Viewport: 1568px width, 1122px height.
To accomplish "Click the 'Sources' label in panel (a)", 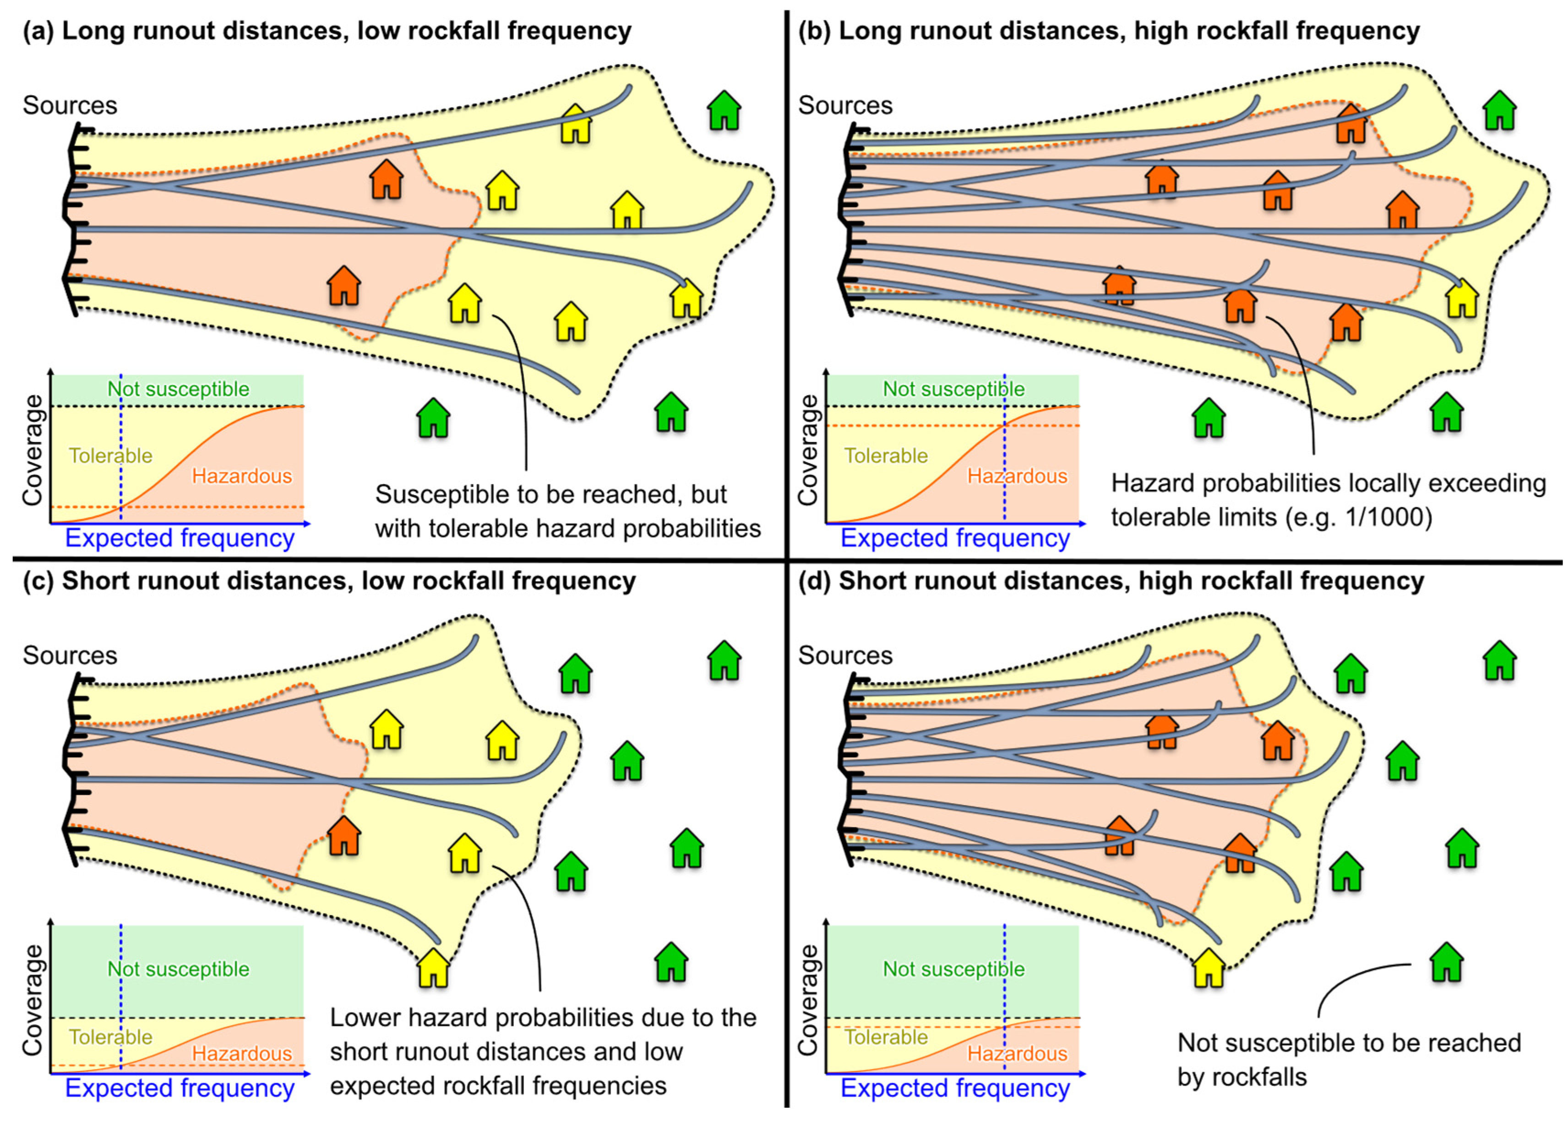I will click(x=70, y=106).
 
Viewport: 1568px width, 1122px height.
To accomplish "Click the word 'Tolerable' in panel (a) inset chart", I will click(x=110, y=456).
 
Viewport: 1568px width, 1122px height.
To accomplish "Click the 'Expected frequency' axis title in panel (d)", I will click(x=955, y=1088).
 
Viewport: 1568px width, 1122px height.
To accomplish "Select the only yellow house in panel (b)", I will click(x=1462, y=299).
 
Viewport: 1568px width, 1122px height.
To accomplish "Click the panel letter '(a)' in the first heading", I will click(x=38, y=32).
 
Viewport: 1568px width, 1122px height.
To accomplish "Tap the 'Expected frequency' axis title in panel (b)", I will click(x=955, y=538).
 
